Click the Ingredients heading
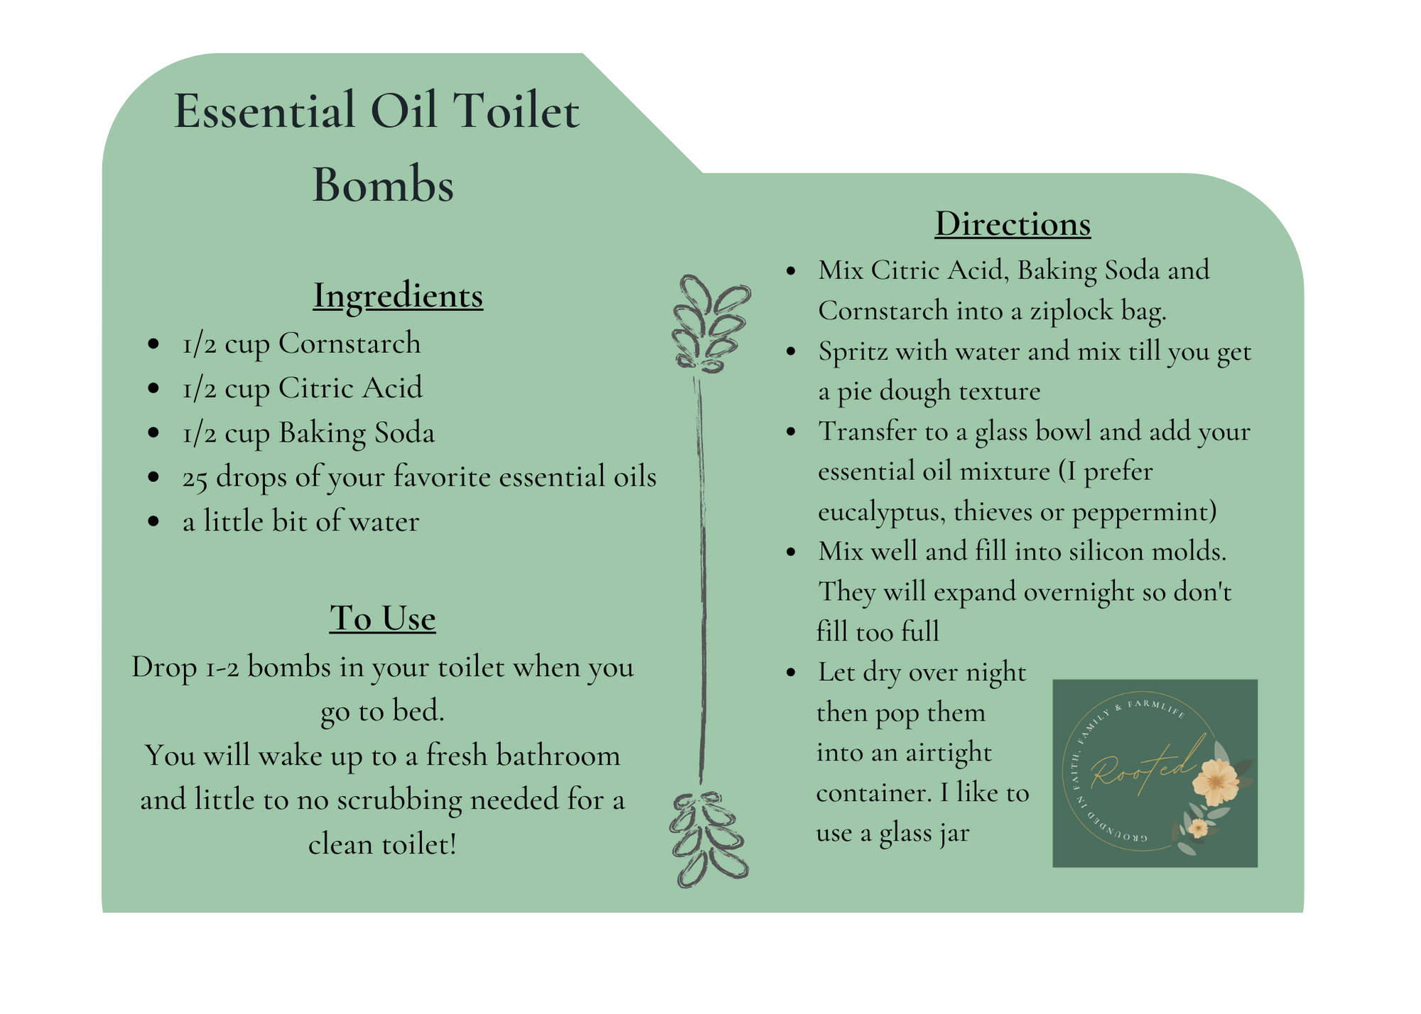398,296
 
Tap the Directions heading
1012,224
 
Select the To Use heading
382,618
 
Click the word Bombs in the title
383,185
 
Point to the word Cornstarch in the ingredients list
350,344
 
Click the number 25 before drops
195,478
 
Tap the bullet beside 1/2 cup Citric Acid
153,388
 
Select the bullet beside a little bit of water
153,522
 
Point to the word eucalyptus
881,511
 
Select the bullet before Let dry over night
791,672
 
